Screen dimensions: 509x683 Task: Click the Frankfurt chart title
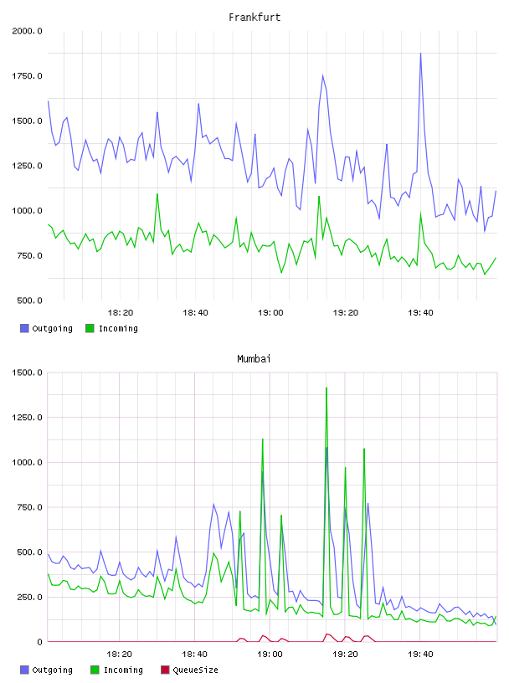(254, 18)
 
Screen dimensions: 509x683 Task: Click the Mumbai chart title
(254, 359)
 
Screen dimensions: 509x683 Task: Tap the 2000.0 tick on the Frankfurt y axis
(27, 31)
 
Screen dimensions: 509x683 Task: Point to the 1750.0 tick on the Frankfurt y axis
(27, 76)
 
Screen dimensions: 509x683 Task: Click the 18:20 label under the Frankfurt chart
(121, 313)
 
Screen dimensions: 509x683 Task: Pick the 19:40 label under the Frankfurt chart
(420, 313)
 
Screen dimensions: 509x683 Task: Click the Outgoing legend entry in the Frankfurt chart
(47, 328)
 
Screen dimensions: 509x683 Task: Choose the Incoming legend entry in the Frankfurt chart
(112, 328)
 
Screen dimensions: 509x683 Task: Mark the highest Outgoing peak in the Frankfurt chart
(420, 53)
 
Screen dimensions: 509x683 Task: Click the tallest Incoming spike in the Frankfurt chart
(157, 194)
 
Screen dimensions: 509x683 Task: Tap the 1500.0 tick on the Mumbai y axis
(27, 372)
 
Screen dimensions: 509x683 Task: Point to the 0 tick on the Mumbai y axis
(39, 642)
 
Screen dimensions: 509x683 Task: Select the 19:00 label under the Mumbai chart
(270, 655)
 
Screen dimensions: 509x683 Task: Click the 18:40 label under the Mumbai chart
(195, 655)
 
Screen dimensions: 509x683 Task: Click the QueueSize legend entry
(189, 670)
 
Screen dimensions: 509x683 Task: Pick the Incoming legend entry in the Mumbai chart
(117, 670)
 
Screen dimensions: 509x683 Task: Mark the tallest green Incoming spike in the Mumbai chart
(326, 388)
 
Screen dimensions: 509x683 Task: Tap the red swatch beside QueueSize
(165, 670)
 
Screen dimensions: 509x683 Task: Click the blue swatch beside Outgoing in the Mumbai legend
(24, 670)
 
